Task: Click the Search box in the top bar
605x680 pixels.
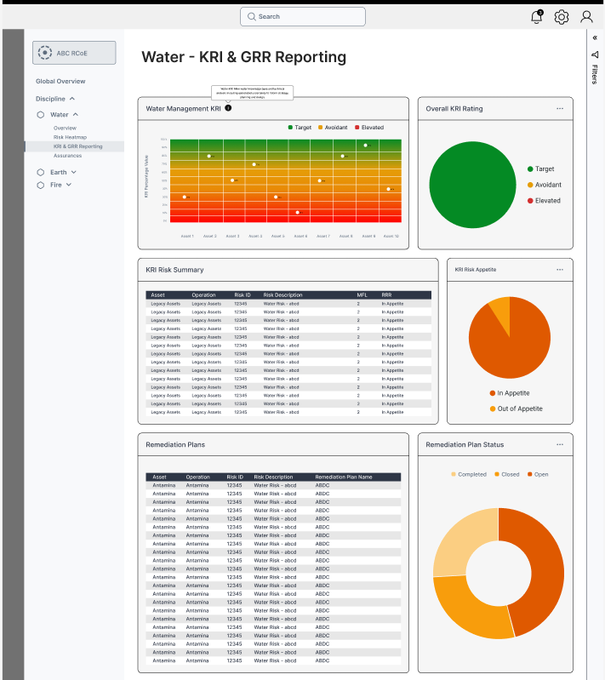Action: [302, 16]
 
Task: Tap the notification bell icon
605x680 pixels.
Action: [536, 17]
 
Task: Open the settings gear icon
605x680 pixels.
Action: [562, 17]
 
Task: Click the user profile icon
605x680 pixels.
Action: [587, 17]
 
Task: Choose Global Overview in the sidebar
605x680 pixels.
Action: [60, 82]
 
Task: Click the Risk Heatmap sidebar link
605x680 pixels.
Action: [70, 137]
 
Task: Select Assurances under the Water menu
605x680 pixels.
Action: [67, 156]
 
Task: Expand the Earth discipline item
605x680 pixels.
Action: [58, 172]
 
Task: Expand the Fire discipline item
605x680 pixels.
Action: [56, 185]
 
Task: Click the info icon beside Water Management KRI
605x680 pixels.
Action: [228, 108]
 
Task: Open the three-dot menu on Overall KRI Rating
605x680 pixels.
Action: [560, 109]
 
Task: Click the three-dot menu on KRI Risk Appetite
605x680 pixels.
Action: [560, 270]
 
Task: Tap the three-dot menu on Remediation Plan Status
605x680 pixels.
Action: [560, 444]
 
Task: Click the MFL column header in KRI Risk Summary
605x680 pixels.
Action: [362, 295]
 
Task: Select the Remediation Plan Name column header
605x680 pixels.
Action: [344, 477]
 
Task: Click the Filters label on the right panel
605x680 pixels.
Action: [595, 75]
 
